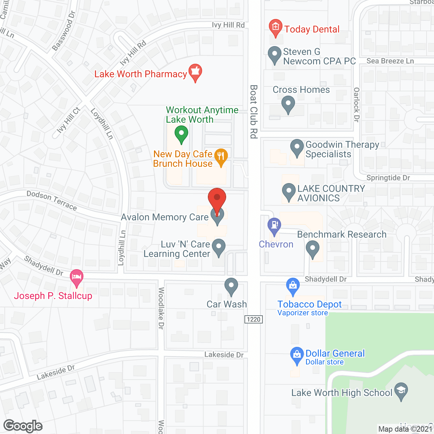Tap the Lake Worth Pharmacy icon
[195, 72]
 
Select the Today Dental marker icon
[275, 27]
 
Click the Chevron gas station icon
[274, 226]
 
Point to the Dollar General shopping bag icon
[297, 355]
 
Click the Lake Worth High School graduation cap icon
[401, 391]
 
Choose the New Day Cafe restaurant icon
[221, 157]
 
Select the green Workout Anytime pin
[181, 134]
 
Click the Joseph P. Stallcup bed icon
[77, 277]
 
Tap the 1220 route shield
[254, 319]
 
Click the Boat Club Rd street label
[254, 112]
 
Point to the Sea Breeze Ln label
[390, 61]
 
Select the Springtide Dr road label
[388, 178]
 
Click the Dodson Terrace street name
[52, 200]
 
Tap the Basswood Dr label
[64, 31]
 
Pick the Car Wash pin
[231, 286]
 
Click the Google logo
[23, 426]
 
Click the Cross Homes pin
[288, 104]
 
